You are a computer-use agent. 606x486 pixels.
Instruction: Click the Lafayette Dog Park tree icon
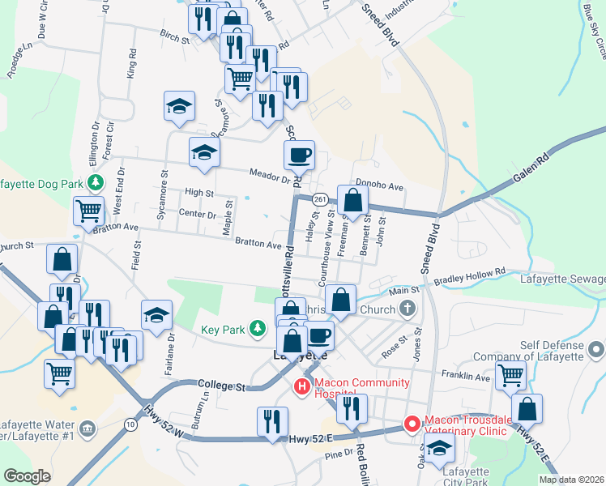(96, 182)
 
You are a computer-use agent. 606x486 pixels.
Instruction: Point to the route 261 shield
(319, 199)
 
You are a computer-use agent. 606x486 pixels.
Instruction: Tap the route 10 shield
(130, 424)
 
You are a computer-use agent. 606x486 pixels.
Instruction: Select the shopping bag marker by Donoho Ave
(352, 200)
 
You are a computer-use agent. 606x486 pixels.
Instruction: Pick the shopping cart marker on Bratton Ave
(89, 211)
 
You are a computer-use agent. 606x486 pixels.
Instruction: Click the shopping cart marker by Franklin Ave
(510, 375)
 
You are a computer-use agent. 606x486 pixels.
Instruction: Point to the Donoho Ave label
(379, 186)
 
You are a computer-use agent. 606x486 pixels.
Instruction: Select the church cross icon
(408, 309)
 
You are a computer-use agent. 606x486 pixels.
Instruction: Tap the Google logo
(28, 476)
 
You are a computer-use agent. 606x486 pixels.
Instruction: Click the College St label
(221, 387)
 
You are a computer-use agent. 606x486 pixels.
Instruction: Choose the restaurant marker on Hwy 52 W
(272, 420)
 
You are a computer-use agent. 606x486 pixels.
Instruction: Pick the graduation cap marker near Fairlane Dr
(156, 314)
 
